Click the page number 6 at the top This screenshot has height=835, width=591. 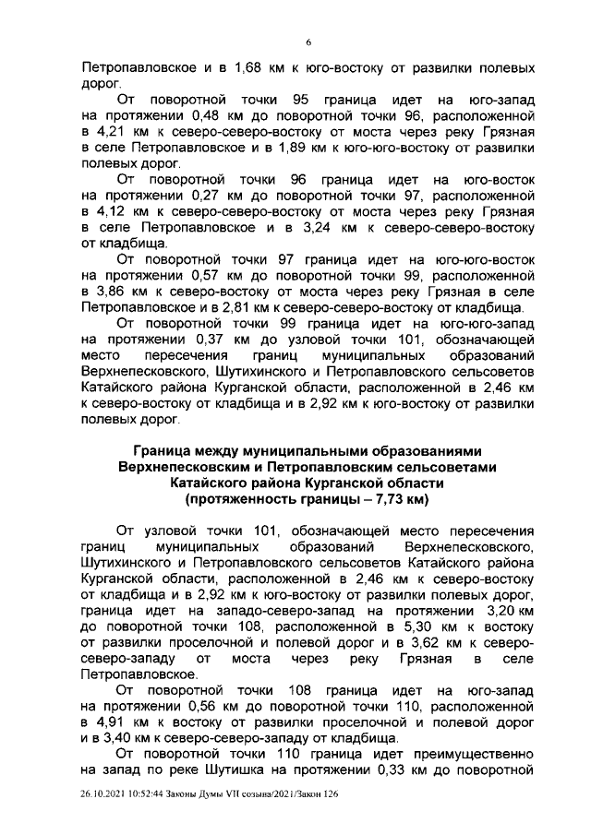coord(308,41)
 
